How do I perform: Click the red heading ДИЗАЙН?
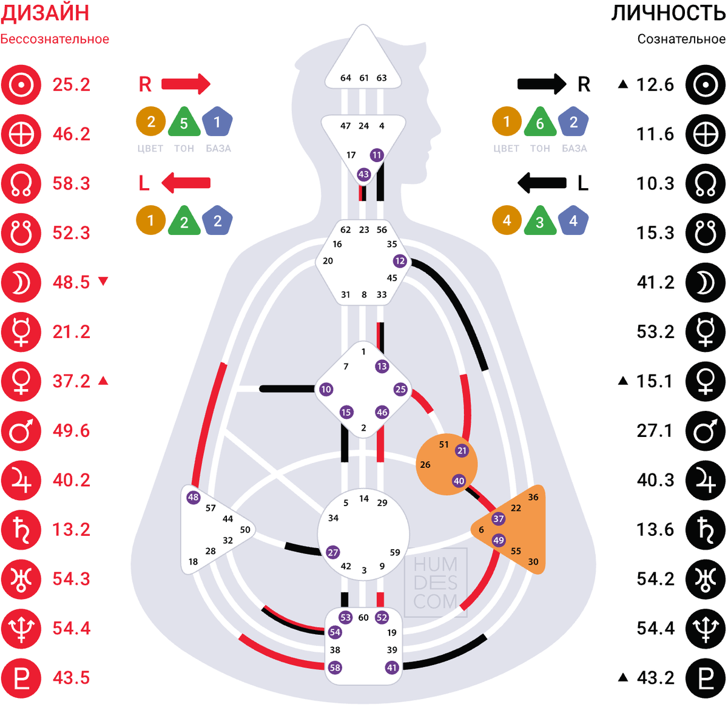[x=45, y=13]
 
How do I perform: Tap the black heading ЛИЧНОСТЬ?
[x=669, y=13]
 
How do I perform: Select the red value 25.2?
[x=71, y=84]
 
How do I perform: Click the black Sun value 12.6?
[x=655, y=84]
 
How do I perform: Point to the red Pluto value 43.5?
[x=71, y=678]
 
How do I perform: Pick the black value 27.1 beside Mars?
[x=655, y=431]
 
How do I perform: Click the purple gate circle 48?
[x=193, y=498]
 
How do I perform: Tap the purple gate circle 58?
[x=335, y=668]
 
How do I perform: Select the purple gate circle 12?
[x=400, y=261]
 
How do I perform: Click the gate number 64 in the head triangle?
[x=345, y=78]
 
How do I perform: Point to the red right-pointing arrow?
[x=186, y=84]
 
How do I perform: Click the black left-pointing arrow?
[x=542, y=183]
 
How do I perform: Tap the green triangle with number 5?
[x=184, y=121]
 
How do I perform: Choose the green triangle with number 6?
[x=540, y=121]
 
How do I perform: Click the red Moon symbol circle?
[x=21, y=283]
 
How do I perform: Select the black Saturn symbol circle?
[x=706, y=530]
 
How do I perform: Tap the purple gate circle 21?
[x=462, y=451]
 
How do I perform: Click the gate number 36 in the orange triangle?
[x=533, y=497]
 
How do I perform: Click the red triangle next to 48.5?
[x=103, y=281]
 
